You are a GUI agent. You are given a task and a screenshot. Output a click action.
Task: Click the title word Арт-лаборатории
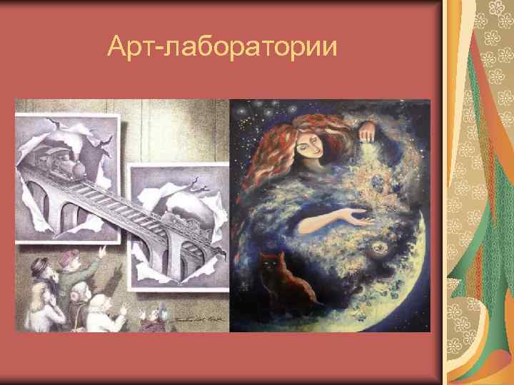[x=221, y=48]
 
